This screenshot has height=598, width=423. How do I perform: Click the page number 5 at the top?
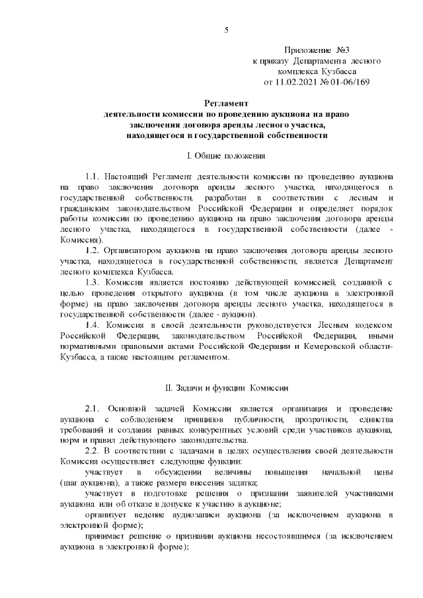coord(227,30)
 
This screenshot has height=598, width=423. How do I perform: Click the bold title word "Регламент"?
coord(226,104)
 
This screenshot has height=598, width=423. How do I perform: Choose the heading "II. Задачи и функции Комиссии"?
coord(225,386)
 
